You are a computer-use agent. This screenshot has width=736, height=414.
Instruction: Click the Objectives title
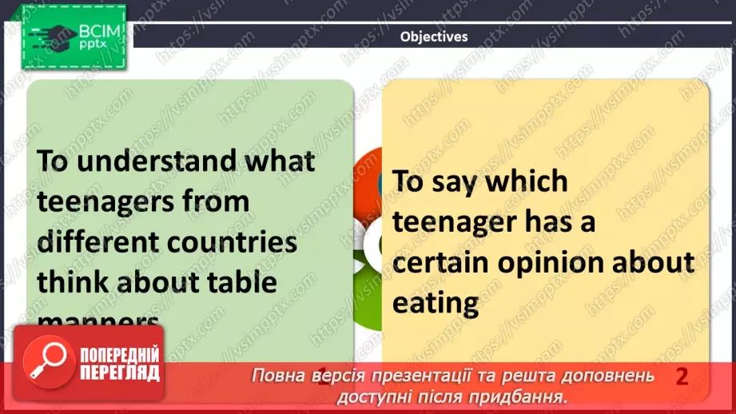pyautogui.click(x=433, y=36)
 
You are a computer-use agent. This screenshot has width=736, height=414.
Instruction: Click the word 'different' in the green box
pyautogui.click(x=93, y=241)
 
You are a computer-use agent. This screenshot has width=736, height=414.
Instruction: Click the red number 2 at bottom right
pyautogui.click(x=681, y=376)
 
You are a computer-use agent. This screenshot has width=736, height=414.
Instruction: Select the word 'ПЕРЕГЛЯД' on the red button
pyautogui.click(x=119, y=373)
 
